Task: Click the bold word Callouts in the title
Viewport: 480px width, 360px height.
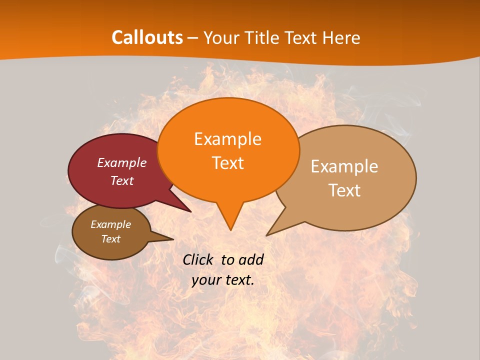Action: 147,37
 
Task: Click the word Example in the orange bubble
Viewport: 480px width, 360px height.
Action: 227,139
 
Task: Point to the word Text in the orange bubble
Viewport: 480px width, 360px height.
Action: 227,163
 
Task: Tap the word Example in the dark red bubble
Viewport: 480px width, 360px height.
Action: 122,162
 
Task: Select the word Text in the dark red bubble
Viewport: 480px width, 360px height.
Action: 122,180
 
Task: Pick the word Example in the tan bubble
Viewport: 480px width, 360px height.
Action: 344,166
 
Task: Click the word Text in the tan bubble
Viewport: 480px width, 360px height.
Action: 344,190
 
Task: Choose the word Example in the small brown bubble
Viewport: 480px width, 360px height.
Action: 111,224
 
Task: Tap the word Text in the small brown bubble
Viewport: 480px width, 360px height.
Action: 111,239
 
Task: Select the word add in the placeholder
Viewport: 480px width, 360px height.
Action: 251,259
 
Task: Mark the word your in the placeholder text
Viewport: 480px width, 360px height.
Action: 205,280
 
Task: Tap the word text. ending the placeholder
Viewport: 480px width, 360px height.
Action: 239,280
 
